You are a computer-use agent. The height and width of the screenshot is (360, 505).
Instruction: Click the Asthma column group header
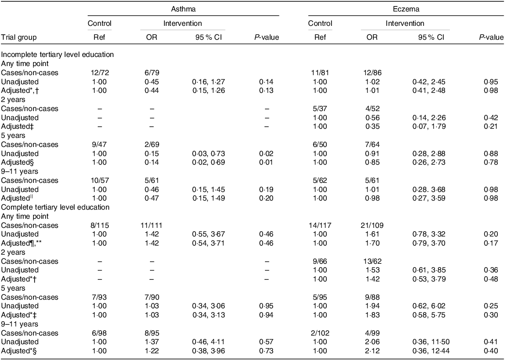[183, 9]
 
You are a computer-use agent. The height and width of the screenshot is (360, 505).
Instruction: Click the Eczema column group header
[406, 9]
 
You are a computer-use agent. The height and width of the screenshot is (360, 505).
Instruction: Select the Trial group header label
[19, 37]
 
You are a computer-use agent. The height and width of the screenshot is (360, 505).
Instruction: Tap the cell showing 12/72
[100, 73]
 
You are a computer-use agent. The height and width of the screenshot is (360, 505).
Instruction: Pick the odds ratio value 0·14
[151, 162]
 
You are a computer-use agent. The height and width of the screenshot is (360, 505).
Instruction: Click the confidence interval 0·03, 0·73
[208, 154]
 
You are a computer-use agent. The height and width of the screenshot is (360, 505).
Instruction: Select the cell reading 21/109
[372, 225]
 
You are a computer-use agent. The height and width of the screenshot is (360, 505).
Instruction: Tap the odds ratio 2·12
[372, 351]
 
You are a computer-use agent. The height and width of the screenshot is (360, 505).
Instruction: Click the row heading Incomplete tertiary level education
[57, 55]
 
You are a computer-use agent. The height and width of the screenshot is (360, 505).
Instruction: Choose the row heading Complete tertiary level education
[55, 207]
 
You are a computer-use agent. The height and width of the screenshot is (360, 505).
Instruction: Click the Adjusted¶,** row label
[22, 243]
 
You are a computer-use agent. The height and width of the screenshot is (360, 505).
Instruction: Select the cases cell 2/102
[320, 333]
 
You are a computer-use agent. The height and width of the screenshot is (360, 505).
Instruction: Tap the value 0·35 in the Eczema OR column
[372, 126]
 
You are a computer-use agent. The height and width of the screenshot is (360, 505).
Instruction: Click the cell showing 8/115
[100, 225]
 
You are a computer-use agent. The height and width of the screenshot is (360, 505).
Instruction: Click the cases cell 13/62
[372, 261]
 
